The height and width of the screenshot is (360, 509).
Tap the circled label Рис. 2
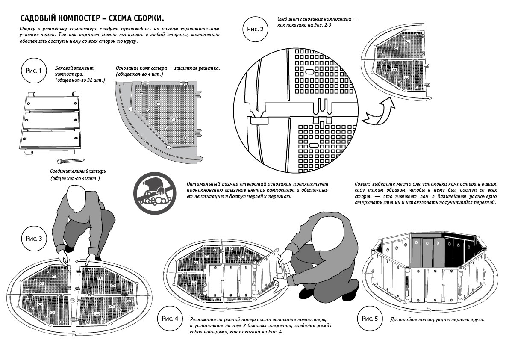point(255,29)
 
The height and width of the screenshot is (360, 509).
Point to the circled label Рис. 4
point(170,319)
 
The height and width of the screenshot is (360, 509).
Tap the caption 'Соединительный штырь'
point(78,171)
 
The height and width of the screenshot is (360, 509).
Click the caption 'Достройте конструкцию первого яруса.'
point(437,319)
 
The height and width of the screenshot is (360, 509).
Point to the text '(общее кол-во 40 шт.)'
point(75,178)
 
